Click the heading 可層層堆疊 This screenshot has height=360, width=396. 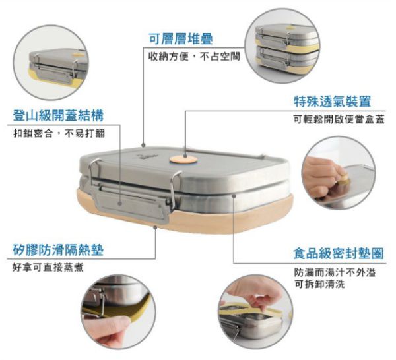[x=181, y=39]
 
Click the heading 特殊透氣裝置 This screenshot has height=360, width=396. [x=333, y=102]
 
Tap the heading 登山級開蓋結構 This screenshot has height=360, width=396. [x=58, y=115]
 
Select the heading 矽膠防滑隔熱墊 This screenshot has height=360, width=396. [x=58, y=250]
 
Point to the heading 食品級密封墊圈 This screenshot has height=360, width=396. [x=339, y=253]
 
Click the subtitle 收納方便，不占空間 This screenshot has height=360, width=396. [x=194, y=57]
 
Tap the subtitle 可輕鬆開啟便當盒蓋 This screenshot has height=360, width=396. [x=339, y=119]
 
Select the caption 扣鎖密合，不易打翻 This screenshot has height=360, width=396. [x=59, y=133]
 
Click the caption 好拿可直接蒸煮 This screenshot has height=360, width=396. [x=48, y=268]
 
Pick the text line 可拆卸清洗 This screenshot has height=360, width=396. [x=319, y=284]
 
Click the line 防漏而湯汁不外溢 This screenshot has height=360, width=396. [x=335, y=272]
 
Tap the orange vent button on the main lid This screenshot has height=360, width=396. [x=183, y=160]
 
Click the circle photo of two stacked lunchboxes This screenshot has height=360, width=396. [x=282, y=45]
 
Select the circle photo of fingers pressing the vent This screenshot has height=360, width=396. [x=339, y=173]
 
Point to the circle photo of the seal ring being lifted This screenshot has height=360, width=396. [x=256, y=313]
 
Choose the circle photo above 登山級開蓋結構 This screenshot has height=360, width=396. [x=51, y=63]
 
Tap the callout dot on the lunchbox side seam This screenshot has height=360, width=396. [x=234, y=196]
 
